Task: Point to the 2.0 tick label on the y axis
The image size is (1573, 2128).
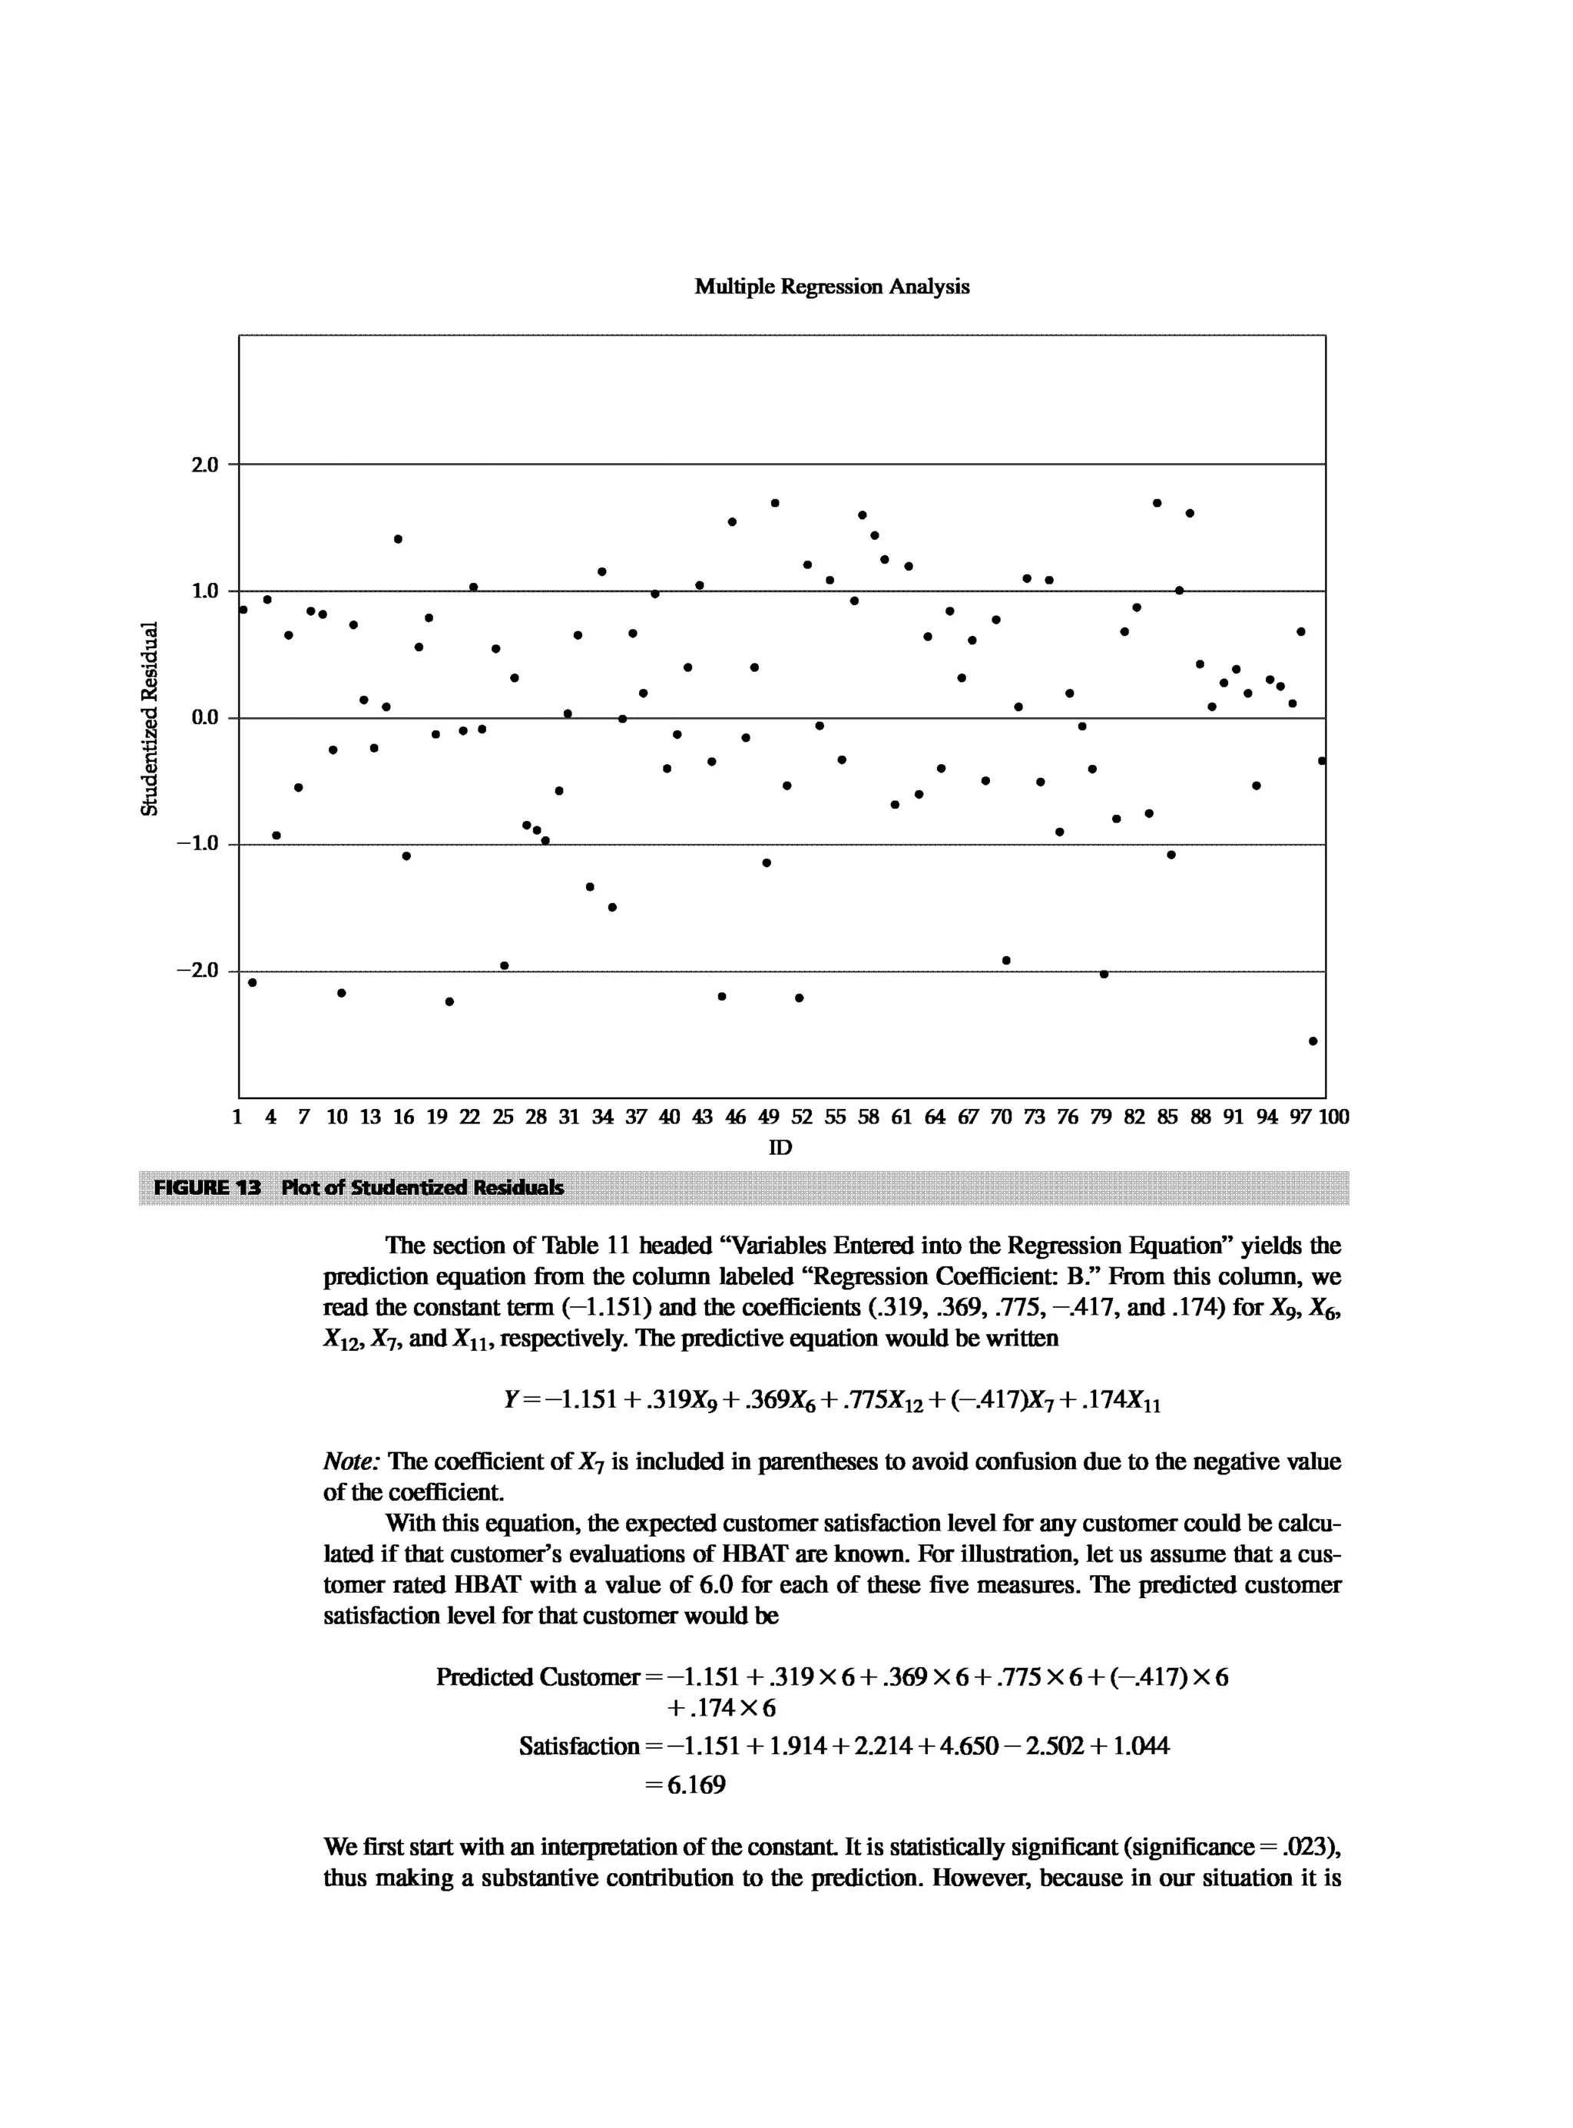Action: [x=205, y=465]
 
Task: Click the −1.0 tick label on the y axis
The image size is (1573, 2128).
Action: [x=198, y=843]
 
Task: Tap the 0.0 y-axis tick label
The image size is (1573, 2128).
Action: [x=205, y=718]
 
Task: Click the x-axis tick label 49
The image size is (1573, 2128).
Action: [x=767, y=1117]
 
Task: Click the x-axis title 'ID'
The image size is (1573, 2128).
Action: [x=780, y=1147]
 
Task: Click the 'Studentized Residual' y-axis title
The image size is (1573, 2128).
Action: [x=148, y=718]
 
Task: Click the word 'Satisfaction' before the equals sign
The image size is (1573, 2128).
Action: [x=579, y=1746]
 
